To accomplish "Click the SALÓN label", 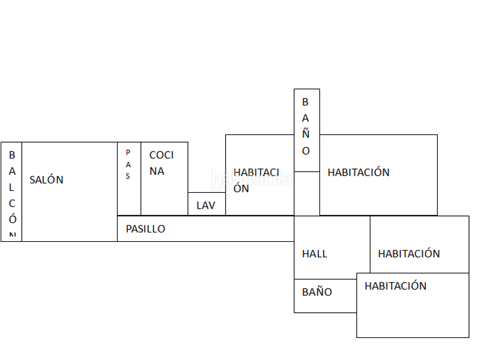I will pyautogui.click(x=47, y=180).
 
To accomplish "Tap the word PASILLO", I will pyautogui.click(x=145, y=229).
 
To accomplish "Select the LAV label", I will pyautogui.click(x=206, y=205).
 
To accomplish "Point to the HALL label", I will pyautogui.click(x=314, y=254).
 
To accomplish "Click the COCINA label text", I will pyautogui.click(x=161, y=163).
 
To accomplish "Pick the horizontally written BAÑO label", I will pyautogui.click(x=317, y=292).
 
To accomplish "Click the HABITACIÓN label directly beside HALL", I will pyautogui.click(x=409, y=254).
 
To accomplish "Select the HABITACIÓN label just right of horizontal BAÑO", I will pyautogui.click(x=395, y=286).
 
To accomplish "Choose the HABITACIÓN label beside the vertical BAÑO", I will pyautogui.click(x=358, y=172).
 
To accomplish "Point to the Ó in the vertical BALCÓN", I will pyautogui.click(x=13, y=218).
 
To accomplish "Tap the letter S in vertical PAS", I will pyautogui.click(x=128, y=176).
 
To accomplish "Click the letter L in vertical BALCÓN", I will pyautogui.click(x=11, y=187).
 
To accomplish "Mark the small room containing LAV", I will pyautogui.click(x=206, y=204).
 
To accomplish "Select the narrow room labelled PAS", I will pyautogui.click(x=129, y=179).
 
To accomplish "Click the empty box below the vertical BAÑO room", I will pyautogui.click(x=307, y=194).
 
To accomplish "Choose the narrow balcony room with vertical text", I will pyautogui.click(x=11, y=192).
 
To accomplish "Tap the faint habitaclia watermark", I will pyautogui.click(x=251, y=180).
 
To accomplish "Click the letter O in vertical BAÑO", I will pyautogui.click(x=306, y=151).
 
